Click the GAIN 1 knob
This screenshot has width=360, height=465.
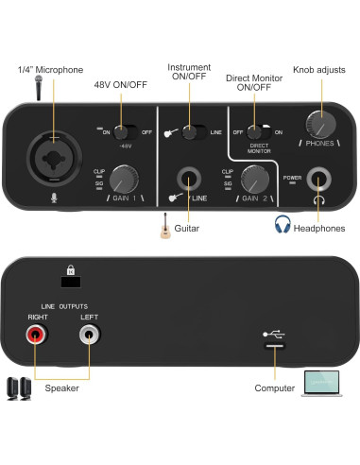(122, 178)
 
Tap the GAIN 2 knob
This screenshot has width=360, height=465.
(253, 178)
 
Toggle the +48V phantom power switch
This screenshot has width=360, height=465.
(122, 132)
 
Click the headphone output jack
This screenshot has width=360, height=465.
(322, 178)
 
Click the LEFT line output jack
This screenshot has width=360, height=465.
(90, 334)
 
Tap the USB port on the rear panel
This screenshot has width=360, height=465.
(272, 347)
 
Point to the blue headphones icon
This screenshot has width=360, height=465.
(282, 224)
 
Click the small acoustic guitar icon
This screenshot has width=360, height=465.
(166, 225)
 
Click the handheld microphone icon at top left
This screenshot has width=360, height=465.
(39, 89)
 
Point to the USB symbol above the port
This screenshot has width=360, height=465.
(272, 333)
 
